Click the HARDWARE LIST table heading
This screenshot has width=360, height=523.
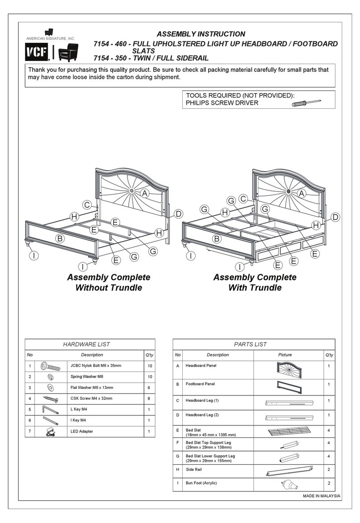click(90, 344)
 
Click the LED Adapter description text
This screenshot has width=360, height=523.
click(82, 432)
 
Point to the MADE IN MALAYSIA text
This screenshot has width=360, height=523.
click(322, 496)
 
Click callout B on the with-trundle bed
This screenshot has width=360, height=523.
click(217, 239)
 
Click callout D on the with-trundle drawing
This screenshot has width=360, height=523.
click(335, 217)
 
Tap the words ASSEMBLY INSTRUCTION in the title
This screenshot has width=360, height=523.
click(201, 34)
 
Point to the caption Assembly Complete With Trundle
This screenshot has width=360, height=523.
click(254, 282)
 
